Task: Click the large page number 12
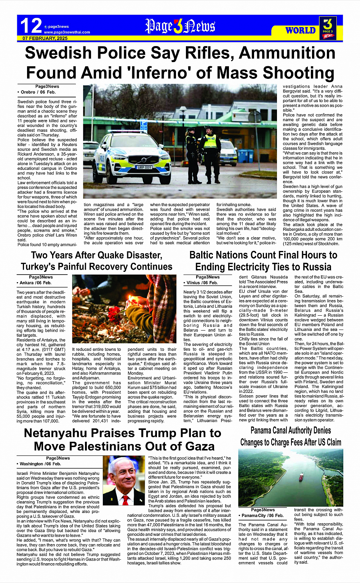(31, 26)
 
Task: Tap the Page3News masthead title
(180, 26)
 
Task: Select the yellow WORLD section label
(301, 30)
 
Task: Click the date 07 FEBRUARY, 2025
(45, 38)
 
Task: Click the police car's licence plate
(145, 167)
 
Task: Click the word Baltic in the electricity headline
(206, 255)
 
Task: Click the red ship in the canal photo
(301, 476)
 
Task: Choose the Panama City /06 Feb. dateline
(262, 516)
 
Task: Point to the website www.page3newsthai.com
(67, 32)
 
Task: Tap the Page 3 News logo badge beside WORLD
(328, 28)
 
